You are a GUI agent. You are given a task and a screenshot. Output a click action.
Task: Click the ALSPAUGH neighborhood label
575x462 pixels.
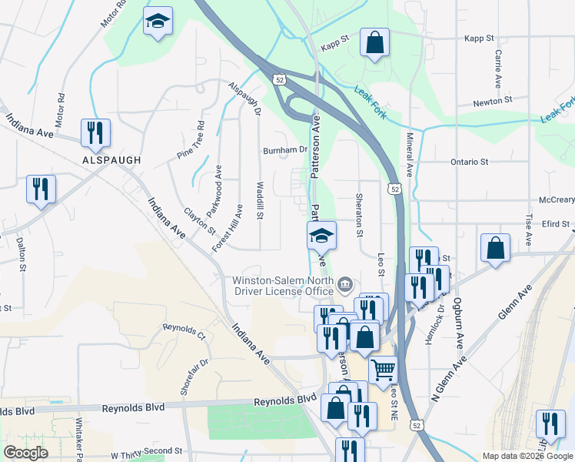click(x=112, y=159)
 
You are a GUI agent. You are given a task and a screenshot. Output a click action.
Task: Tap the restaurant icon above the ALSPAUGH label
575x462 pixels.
click(x=95, y=133)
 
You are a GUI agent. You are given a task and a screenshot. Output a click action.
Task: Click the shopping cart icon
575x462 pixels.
click(x=383, y=370)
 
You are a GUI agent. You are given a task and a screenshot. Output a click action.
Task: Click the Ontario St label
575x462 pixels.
click(x=469, y=162)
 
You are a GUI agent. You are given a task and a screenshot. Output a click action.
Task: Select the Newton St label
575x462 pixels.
click(x=492, y=101)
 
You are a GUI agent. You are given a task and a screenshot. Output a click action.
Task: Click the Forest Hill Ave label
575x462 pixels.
click(x=228, y=229)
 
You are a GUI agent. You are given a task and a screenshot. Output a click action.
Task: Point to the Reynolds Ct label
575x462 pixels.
click(x=184, y=332)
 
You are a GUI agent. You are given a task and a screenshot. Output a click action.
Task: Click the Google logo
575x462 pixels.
click(x=25, y=454)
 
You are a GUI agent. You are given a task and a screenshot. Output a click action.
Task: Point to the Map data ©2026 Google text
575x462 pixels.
click(x=526, y=456)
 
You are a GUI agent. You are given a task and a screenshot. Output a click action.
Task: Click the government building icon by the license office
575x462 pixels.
click(x=345, y=286)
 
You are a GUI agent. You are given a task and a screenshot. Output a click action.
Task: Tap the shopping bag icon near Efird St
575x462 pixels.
click(x=496, y=249)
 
